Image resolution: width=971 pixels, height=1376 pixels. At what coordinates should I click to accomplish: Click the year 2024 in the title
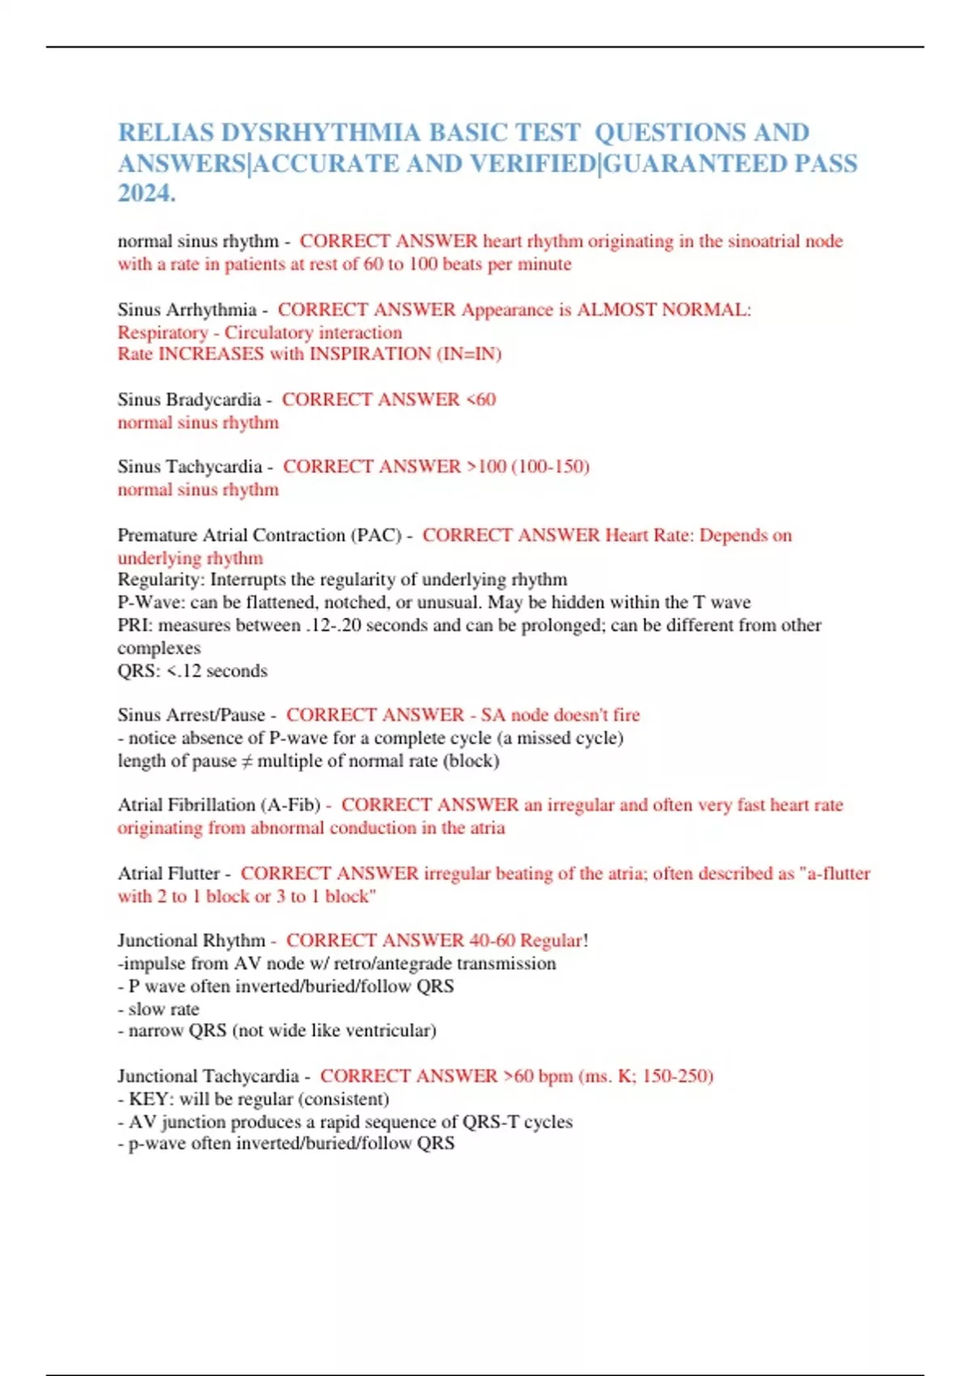coord(146,193)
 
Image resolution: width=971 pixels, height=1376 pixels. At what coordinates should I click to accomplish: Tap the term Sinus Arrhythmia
coord(187,310)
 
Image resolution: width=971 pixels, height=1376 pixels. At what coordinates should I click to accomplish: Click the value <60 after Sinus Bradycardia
coord(481,400)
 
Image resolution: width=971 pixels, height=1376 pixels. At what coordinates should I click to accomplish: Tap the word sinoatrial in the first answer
coord(757,241)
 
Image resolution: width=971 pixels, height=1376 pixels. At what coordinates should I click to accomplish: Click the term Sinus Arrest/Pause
coord(191,716)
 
